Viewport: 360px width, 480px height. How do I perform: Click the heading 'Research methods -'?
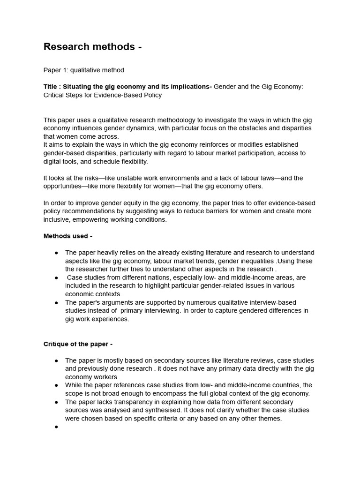click(92, 47)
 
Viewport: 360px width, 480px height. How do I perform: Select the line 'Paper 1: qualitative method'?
click(83, 70)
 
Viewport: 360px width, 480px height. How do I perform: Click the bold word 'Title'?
click(51, 87)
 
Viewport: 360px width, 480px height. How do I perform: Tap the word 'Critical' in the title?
click(55, 95)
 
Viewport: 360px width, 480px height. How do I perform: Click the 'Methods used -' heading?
click(68, 236)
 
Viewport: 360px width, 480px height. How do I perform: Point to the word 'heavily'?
click(109, 253)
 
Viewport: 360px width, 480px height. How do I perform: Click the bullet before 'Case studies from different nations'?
click(56, 277)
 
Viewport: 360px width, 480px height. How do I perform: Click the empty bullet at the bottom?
click(56, 427)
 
